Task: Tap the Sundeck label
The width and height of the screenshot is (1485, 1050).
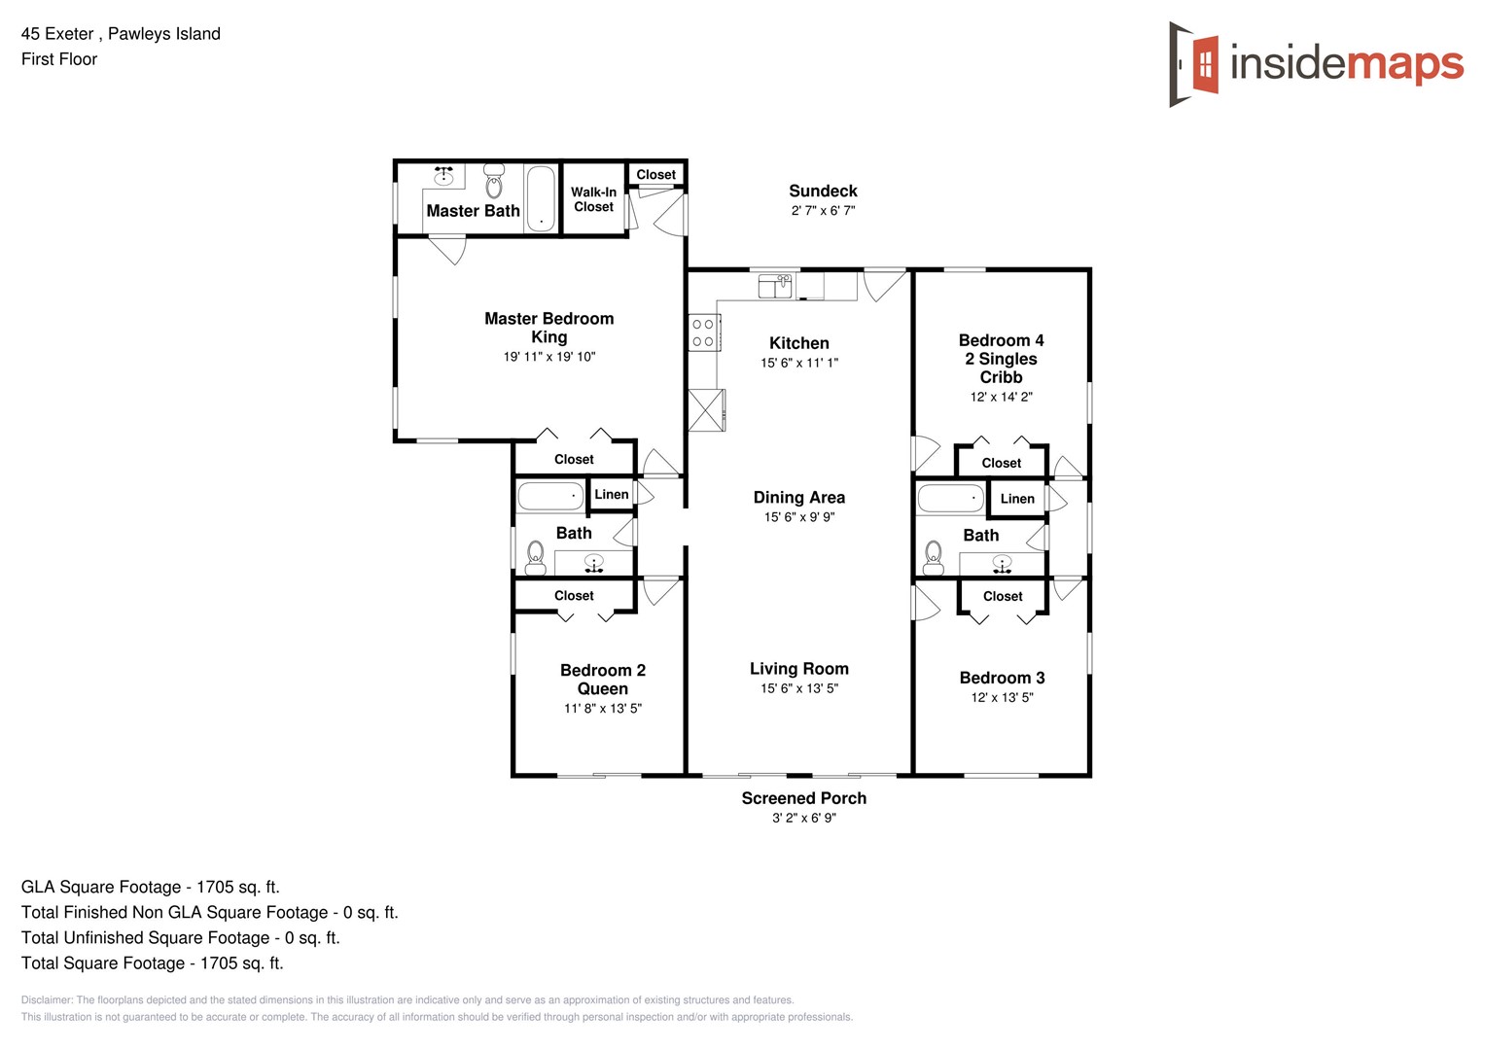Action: coord(823,192)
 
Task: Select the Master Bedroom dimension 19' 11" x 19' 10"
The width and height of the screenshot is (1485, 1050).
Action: coord(549,357)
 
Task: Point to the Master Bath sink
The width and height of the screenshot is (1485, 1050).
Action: coord(443,176)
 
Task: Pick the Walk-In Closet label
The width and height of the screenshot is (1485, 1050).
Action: coord(593,199)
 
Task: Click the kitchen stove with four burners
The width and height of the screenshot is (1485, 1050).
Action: coord(703,332)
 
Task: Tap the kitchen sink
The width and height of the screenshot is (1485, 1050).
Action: coord(775,286)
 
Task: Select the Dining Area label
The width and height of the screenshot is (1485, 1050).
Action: coord(799,498)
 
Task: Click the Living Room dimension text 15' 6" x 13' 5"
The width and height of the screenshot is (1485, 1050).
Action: coord(799,688)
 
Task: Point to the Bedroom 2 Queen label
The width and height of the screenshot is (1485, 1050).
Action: coord(603,680)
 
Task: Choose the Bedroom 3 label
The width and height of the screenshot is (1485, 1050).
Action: coord(1002,678)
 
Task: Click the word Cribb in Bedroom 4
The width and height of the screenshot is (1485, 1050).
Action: coord(1001,377)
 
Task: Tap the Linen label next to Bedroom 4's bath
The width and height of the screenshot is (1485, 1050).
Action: coord(1017,499)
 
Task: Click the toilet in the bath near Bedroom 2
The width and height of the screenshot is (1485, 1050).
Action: coord(535,557)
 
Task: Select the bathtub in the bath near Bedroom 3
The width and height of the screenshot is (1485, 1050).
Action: coord(951,499)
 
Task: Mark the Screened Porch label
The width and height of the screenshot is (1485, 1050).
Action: coord(803,798)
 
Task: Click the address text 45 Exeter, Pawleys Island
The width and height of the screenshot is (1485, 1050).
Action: coord(121,34)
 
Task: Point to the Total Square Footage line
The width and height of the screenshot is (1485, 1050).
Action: coord(152,963)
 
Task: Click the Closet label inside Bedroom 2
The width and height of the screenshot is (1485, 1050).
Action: coord(574,596)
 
